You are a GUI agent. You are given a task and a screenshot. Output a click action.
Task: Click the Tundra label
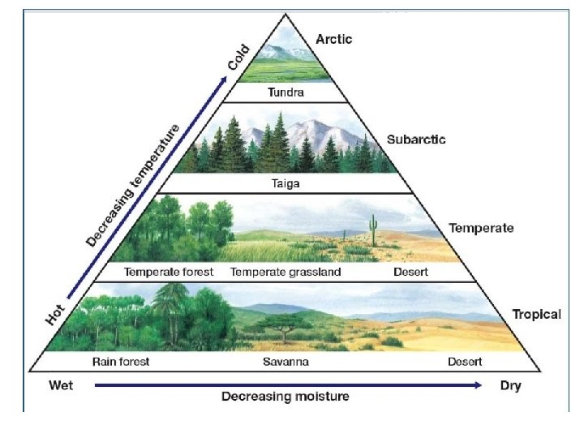point(286,92)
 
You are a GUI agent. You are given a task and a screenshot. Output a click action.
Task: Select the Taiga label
point(286,183)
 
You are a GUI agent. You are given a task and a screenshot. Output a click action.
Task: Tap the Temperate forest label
point(169,272)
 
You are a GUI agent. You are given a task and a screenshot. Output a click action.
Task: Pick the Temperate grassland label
point(286,272)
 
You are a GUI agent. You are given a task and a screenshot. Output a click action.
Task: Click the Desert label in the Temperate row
point(410,272)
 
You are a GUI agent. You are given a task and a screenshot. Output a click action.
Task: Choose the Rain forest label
point(121,362)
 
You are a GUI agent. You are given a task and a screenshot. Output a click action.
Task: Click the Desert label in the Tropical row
point(465,362)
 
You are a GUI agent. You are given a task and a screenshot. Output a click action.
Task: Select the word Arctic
point(333,40)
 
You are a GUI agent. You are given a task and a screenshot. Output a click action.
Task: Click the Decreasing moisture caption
point(286,397)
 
